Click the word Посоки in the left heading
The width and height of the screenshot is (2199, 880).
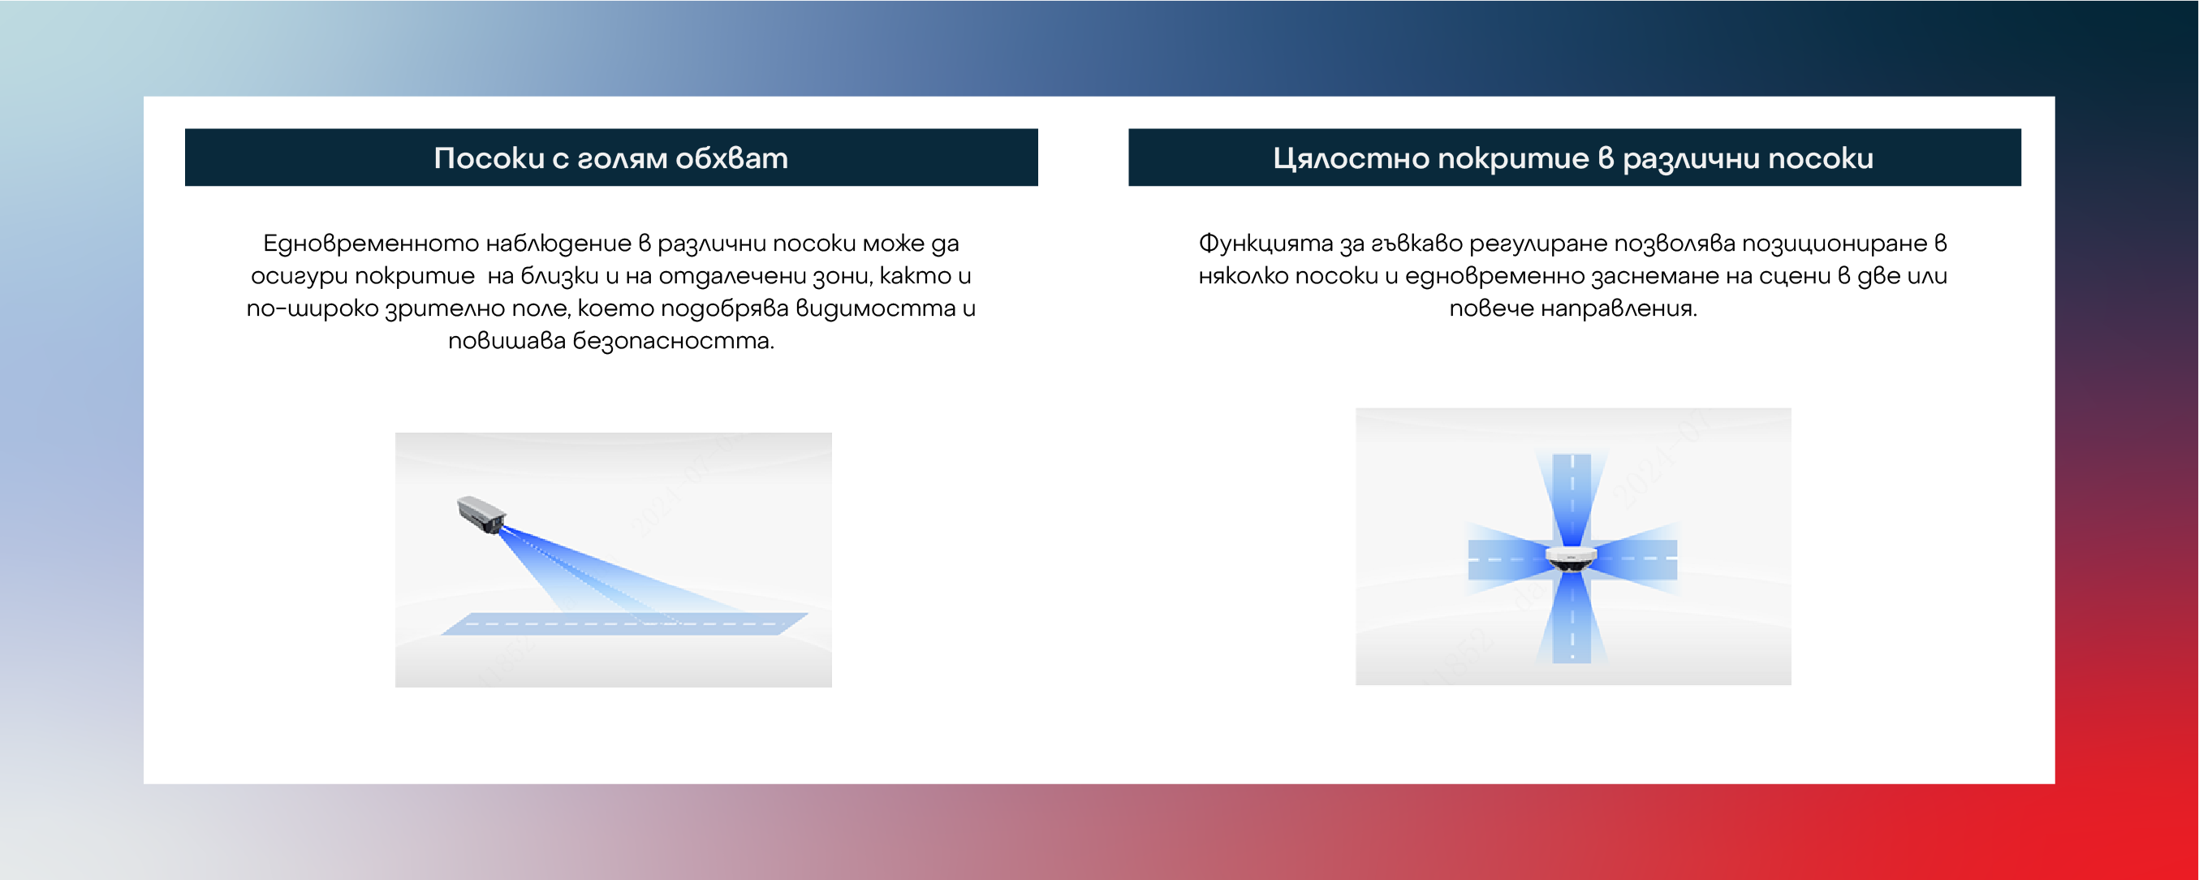489,158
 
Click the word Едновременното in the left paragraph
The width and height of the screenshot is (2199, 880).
370,244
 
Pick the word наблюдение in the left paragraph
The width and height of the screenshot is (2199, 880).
558,244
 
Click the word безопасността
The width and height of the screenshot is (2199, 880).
674,342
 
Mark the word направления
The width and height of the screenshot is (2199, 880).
1619,309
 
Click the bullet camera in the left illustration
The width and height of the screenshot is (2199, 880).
481,514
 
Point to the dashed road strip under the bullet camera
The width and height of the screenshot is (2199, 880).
624,624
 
